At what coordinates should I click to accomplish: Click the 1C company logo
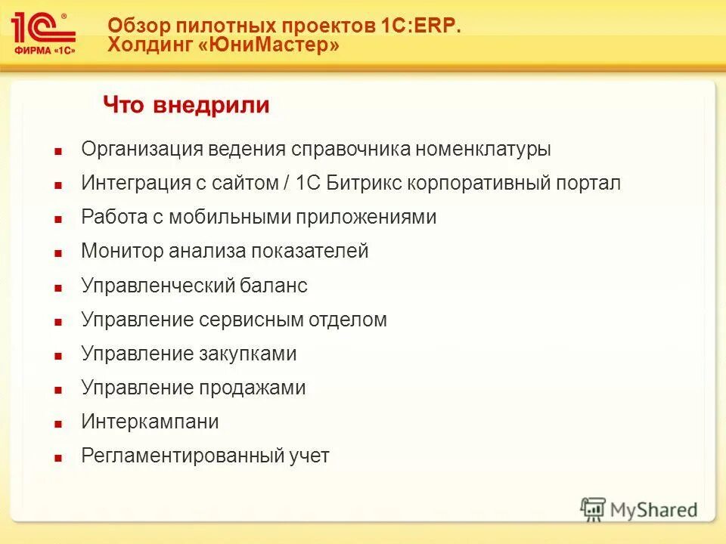pyautogui.click(x=43, y=32)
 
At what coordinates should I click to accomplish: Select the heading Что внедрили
pyautogui.click(x=186, y=105)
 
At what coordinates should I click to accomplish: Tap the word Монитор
pyautogui.click(x=122, y=251)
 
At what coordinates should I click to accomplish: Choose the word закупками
pyautogui.click(x=247, y=354)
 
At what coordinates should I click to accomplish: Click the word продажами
pyautogui.click(x=253, y=388)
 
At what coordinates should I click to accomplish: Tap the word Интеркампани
pyautogui.click(x=150, y=422)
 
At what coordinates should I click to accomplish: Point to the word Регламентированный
pyautogui.click(x=181, y=456)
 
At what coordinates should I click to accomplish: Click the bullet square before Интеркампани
pyautogui.click(x=57, y=424)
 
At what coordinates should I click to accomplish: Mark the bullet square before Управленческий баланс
pyautogui.click(x=57, y=288)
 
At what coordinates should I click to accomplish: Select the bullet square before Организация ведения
pyautogui.click(x=57, y=151)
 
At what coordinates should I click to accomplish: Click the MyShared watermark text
pyautogui.click(x=653, y=510)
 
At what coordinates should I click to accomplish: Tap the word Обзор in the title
pyautogui.click(x=135, y=24)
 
